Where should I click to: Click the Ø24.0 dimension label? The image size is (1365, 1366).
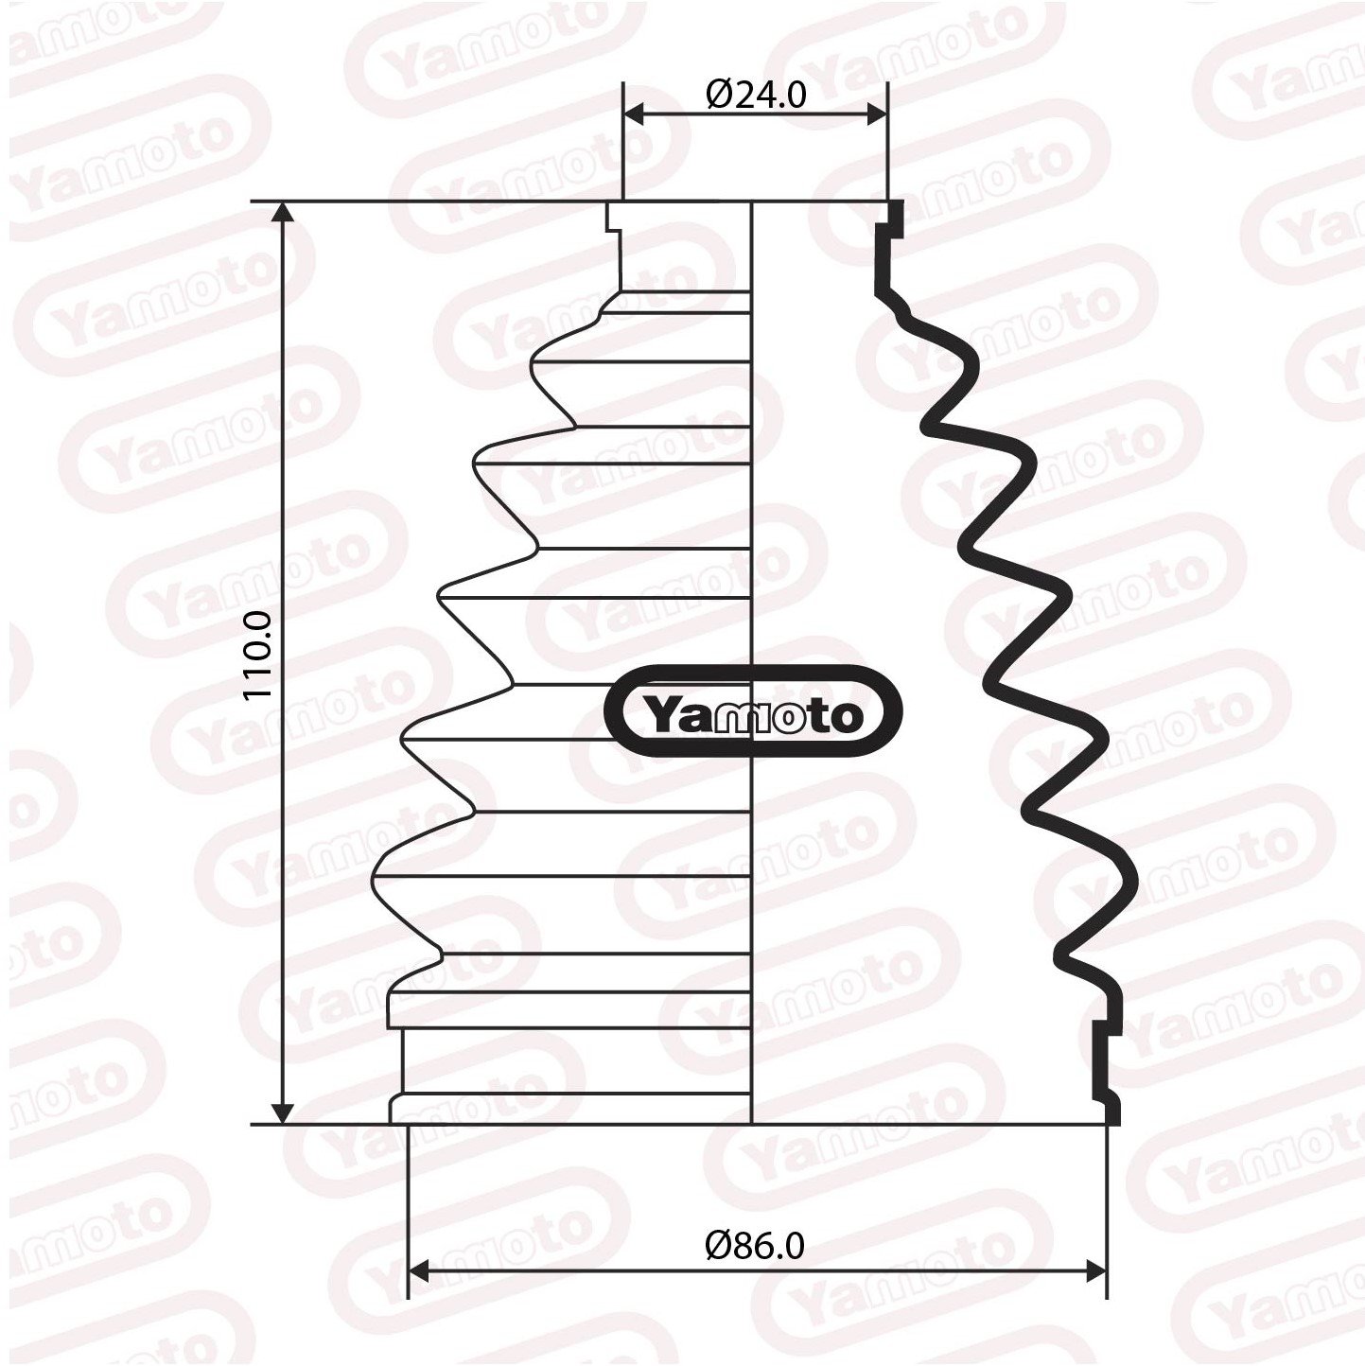pos(756,96)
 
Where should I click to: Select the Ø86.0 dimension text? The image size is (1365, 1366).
pos(755,1246)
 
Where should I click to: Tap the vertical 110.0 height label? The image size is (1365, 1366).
pos(258,655)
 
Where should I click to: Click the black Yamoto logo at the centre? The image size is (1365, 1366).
pos(753,714)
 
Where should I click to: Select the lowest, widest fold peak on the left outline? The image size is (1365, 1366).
pos(375,876)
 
